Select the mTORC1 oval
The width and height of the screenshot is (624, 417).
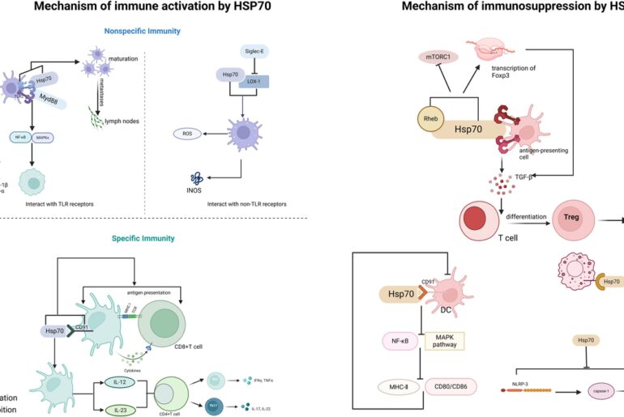pos(439,57)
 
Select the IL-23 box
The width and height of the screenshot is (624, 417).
pos(120,411)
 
